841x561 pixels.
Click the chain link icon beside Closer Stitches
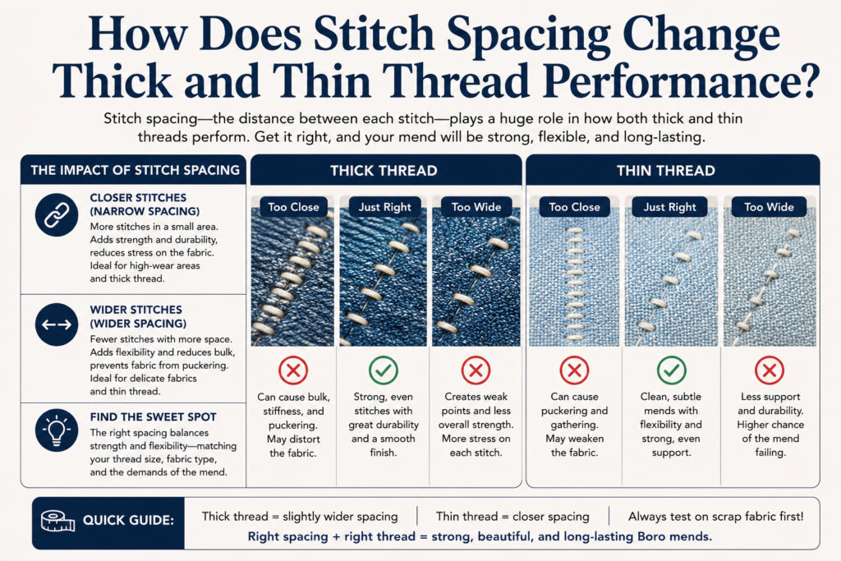[57, 215]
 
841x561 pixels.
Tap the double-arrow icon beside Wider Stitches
[57, 324]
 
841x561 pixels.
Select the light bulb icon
[57, 430]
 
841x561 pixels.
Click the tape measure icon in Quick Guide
[58, 521]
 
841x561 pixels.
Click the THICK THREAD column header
[384, 171]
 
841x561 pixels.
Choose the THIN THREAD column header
[665, 171]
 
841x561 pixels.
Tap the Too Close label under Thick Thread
[293, 207]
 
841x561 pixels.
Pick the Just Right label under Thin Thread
[670, 207]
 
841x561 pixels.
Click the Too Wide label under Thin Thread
[769, 207]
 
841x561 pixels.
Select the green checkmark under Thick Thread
[384, 370]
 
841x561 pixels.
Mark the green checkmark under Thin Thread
[672, 370]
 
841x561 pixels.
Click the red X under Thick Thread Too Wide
[476, 370]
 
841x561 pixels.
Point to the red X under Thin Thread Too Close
[574, 370]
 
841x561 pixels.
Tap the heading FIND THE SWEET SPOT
[154, 416]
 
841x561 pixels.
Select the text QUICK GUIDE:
[128, 520]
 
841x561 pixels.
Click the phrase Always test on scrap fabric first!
[716, 517]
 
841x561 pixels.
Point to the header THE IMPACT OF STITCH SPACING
[136, 170]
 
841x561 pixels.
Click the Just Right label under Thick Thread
[385, 207]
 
